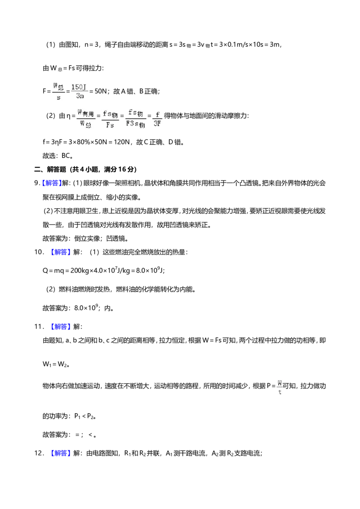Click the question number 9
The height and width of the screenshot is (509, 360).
click(37, 183)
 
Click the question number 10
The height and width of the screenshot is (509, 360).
click(39, 252)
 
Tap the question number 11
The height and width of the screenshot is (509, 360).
click(39, 326)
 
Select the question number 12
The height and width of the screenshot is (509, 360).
click(39, 453)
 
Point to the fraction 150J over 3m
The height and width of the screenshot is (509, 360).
click(80, 91)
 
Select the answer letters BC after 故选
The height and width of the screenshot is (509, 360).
click(66, 156)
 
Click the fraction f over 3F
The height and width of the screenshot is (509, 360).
click(157, 119)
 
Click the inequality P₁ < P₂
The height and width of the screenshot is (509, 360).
click(85, 416)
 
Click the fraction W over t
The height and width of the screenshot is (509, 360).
click(280, 387)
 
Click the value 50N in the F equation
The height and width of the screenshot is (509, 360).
click(100, 91)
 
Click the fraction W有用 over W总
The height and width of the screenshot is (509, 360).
click(86, 119)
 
